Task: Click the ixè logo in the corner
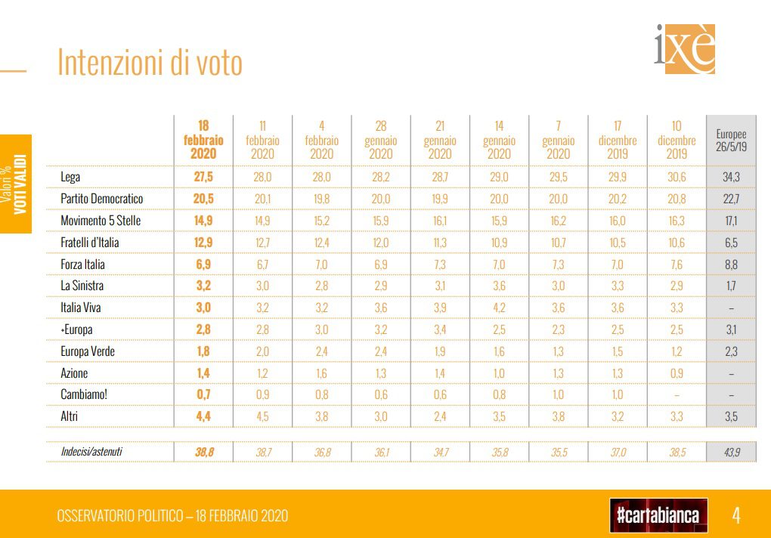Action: pyautogui.click(x=684, y=48)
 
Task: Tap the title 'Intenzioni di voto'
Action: pyautogui.click(x=150, y=63)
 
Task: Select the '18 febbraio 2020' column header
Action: pyautogui.click(x=203, y=140)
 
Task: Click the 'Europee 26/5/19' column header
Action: pyautogui.click(x=731, y=140)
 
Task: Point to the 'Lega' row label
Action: pyautogui.click(x=70, y=177)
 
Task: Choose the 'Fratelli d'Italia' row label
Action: pyautogui.click(x=90, y=243)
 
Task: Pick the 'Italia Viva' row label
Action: pyautogui.click(x=82, y=308)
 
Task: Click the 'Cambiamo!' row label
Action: pyautogui.click(x=84, y=394)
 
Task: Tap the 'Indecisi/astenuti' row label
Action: pyautogui.click(x=91, y=452)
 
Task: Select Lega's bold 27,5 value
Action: pyautogui.click(x=203, y=177)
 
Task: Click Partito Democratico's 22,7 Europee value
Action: pyautogui.click(x=731, y=199)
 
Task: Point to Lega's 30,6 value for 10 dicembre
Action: pyautogui.click(x=676, y=177)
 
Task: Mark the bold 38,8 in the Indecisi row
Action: pyautogui.click(x=203, y=452)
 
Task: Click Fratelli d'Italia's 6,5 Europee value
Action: pyautogui.click(x=731, y=243)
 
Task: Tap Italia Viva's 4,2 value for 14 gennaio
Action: pyautogui.click(x=499, y=308)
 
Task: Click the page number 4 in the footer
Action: pyautogui.click(x=735, y=515)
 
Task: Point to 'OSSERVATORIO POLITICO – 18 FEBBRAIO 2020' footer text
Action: pyautogui.click(x=172, y=516)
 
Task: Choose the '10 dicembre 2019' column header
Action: pyautogui.click(x=676, y=140)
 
